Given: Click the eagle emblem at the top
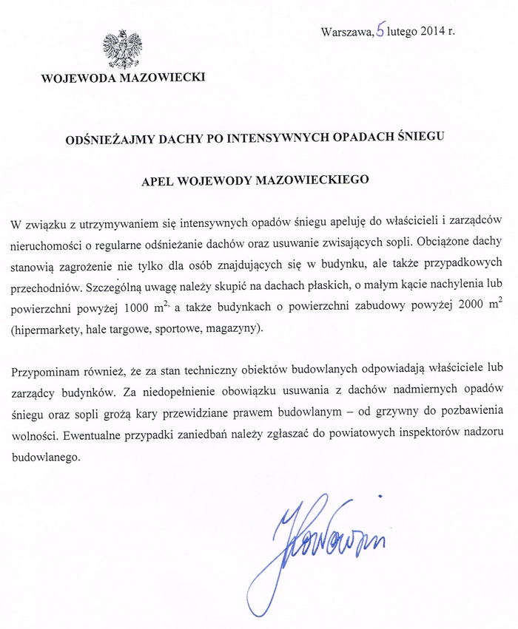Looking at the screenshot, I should tap(121, 49).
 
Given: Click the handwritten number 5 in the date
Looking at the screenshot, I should tap(380, 31).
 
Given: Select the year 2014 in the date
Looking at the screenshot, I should tap(434, 32).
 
